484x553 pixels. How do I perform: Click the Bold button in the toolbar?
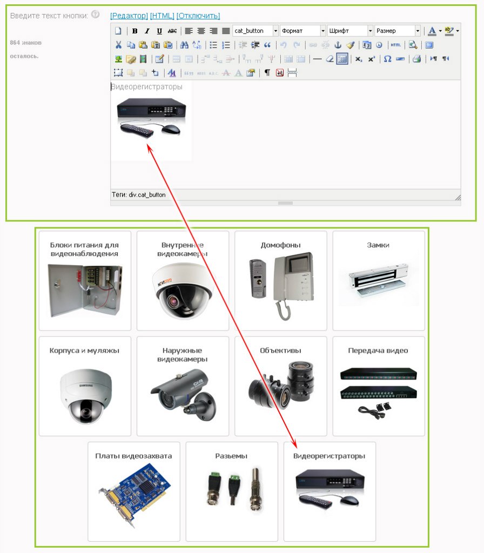(x=135, y=31)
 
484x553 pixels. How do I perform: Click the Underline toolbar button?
(x=159, y=31)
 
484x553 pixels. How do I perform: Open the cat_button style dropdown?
(x=256, y=31)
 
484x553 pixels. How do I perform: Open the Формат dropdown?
(x=302, y=31)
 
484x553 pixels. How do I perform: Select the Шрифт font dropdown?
(x=350, y=31)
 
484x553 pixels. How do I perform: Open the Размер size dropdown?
(x=397, y=31)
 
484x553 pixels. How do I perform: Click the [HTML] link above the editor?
(x=162, y=16)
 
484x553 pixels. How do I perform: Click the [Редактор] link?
(x=129, y=16)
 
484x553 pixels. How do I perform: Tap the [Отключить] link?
(x=198, y=16)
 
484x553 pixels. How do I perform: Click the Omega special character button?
(x=387, y=59)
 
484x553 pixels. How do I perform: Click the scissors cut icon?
(x=118, y=45)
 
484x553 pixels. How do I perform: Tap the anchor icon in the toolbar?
(x=338, y=45)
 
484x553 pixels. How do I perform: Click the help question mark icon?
(x=95, y=15)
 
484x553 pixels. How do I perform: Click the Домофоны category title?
(x=281, y=245)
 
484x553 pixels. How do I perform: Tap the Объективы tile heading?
(x=281, y=350)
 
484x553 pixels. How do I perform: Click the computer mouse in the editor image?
(x=171, y=130)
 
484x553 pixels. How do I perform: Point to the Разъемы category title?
(x=231, y=456)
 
